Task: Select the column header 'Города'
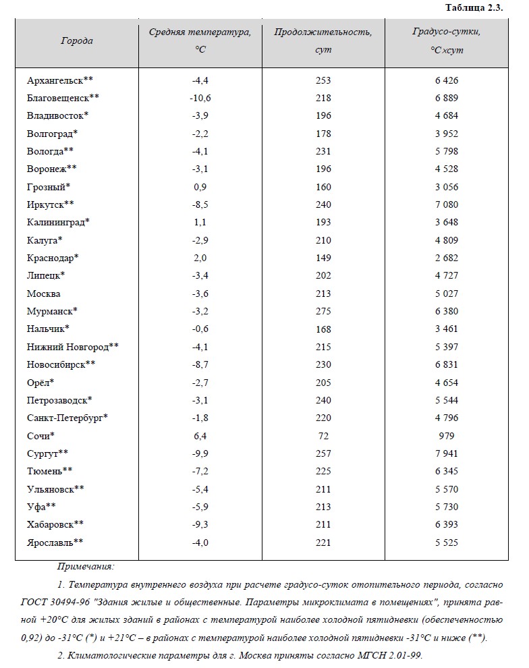(x=77, y=40)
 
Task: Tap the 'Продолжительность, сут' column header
(x=323, y=40)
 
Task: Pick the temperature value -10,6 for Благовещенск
(x=200, y=98)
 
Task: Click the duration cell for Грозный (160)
(x=323, y=187)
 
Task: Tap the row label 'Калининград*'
(x=58, y=222)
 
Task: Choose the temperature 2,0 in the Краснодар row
(x=200, y=258)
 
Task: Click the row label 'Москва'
(x=43, y=294)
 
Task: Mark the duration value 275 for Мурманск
(x=323, y=311)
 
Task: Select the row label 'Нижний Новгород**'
(x=73, y=347)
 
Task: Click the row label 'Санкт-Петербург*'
(x=67, y=418)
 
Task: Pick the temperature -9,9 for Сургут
(x=200, y=453)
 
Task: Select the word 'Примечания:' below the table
(x=86, y=567)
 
